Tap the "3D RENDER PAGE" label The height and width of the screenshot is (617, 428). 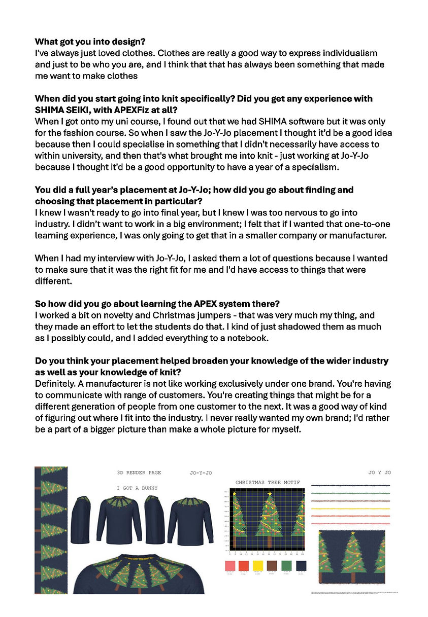139,473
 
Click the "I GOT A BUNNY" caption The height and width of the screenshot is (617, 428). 137,488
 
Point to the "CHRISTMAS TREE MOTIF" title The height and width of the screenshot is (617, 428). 268,482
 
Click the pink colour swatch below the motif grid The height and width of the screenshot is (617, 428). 230,565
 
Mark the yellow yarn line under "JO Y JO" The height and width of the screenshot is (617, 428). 350,508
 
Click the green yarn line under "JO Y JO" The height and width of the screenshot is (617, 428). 350,493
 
